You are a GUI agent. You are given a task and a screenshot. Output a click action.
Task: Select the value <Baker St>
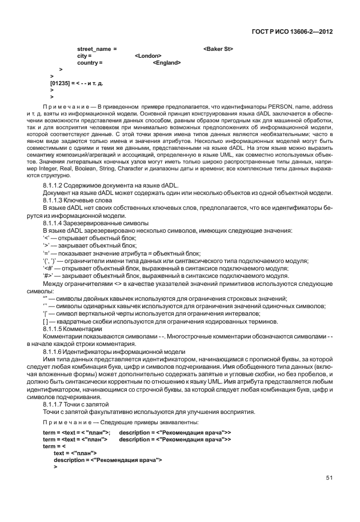[x=218, y=49]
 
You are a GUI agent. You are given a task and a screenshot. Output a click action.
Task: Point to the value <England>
[x=167, y=63]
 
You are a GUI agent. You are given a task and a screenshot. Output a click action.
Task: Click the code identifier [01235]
[x=60, y=83]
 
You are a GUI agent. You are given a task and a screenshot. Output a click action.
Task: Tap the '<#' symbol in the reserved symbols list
[x=47, y=267]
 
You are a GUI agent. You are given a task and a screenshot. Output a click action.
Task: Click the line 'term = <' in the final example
[x=54, y=445]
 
